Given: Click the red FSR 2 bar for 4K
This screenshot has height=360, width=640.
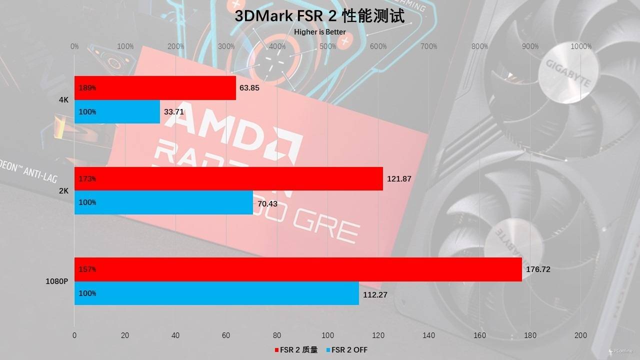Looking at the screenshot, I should coord(155,88).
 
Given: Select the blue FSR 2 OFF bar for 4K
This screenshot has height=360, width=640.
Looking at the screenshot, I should coord(117,112).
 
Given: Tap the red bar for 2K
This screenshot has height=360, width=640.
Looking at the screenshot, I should coord(228,178).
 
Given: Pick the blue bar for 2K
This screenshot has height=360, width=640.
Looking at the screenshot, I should coord(163,202).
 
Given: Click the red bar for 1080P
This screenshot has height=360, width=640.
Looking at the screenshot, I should coord(298,269).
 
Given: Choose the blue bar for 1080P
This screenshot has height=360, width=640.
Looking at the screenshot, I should coord(216,293).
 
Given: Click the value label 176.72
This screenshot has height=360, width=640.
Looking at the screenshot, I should coord(538,269).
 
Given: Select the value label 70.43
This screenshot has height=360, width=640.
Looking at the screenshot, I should coord(267,202).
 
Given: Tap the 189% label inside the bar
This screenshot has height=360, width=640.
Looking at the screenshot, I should coord(87,88).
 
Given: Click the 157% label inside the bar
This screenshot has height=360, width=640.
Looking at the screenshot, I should coord(87,269).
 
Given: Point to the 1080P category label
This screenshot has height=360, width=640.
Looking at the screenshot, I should coord(56,281).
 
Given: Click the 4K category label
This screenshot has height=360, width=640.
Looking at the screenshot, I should coord(63,100).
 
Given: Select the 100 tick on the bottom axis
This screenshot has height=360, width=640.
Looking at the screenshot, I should coord(327,335).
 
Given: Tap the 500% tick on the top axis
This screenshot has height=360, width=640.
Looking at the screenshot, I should coord(328,46).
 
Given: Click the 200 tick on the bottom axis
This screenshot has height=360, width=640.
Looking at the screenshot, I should coord(580,335).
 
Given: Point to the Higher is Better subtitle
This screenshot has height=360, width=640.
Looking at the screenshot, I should coord(320,32).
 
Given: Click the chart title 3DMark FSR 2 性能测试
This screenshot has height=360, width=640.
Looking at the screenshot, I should coord(320,16).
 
